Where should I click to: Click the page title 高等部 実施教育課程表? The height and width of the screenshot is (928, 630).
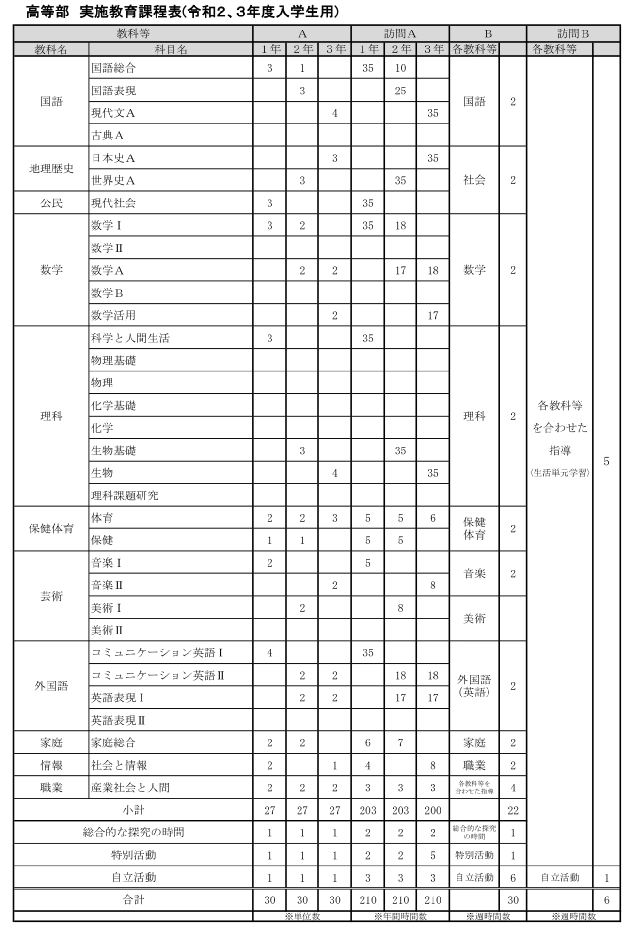point(182,12)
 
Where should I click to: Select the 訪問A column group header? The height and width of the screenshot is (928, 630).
point(400,33)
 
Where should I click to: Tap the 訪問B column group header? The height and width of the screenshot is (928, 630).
point(573,33)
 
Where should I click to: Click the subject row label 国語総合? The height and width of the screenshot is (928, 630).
point(113,68)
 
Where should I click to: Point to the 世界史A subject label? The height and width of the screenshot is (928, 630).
point(113,180)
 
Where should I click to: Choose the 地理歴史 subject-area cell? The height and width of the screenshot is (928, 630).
point(51,169)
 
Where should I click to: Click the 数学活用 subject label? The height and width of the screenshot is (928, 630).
point(113,315)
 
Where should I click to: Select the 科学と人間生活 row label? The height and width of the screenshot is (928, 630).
point(130,338)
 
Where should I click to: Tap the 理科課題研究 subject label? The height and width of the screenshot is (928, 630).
point(125,495)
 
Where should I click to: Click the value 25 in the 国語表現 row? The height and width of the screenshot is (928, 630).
point(400,91)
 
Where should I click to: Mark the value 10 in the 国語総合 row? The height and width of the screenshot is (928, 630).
point(400,68)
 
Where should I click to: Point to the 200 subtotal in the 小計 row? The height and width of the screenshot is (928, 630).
point(433,810)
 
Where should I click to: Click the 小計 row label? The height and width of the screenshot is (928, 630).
point(133,810)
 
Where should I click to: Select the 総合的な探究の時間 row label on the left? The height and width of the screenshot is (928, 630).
point(133,833)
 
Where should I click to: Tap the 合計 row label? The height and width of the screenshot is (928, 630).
point(133,900)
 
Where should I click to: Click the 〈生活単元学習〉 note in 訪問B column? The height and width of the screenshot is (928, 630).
point(560,473)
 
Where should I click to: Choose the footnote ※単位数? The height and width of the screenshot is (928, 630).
point(302,916)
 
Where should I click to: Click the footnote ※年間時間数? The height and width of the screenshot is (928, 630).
point(400,916)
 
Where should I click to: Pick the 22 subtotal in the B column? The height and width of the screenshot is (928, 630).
point(513,810)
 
